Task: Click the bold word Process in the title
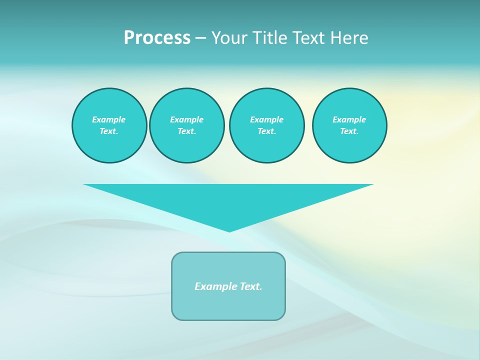157,38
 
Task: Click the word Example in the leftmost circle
108,119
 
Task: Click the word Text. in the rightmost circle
349,131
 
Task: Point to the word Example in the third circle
266,119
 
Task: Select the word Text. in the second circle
186,131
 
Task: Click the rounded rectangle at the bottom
228,305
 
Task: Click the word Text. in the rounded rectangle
251,286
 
